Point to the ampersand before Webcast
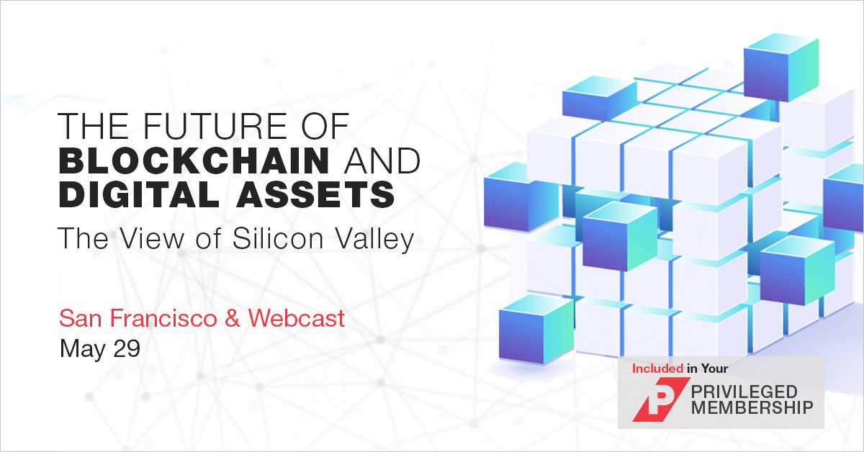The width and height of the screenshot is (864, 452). pos(232,318)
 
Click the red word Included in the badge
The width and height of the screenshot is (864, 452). pos(658,369)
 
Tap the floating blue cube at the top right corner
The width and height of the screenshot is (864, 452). pos(780,67)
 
